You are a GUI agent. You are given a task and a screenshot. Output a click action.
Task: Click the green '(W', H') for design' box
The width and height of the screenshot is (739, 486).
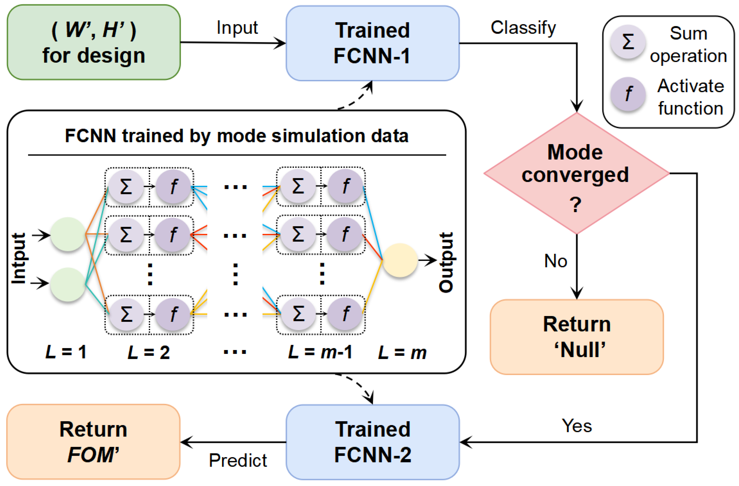94,42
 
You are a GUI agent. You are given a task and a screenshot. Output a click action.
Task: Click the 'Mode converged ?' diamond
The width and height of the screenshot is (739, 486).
577,173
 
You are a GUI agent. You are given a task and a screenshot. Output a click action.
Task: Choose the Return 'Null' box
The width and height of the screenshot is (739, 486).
577,337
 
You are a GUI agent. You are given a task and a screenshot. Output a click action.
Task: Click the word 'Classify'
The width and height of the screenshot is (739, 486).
523,28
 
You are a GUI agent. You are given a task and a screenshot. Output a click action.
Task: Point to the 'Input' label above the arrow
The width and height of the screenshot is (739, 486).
237,28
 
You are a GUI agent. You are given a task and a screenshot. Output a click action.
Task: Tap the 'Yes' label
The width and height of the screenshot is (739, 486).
577,426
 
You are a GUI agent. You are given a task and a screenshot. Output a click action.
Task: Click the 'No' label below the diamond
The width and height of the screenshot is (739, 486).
556,261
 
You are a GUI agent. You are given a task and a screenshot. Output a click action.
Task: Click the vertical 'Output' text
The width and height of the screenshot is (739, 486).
446,262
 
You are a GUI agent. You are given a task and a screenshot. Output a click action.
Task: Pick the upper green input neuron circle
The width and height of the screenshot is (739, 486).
68,234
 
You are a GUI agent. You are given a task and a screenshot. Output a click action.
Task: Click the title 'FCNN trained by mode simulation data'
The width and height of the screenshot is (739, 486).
237,136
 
